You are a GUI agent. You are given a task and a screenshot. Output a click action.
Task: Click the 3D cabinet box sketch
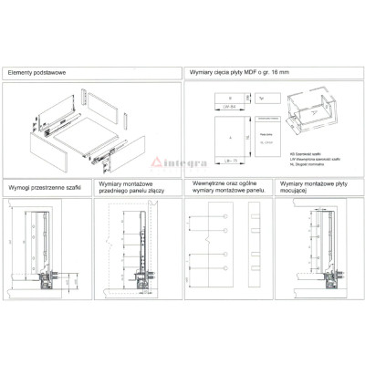coord(308,114)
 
